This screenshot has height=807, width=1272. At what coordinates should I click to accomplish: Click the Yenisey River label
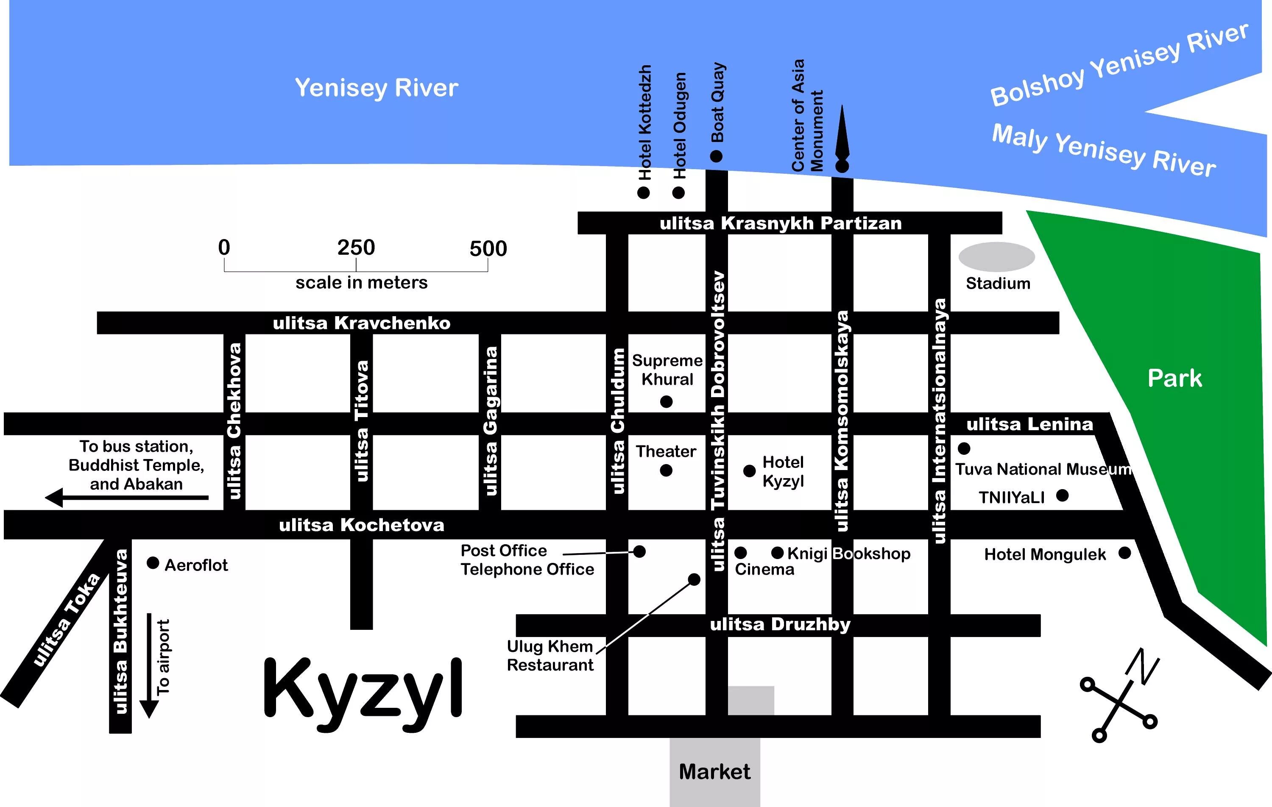pos(376,88)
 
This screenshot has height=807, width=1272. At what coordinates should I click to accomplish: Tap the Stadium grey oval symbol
pos(996,257)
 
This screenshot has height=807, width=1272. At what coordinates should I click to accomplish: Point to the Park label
pos(1175,378)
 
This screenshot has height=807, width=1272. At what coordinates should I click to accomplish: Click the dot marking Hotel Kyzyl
pos(749,471)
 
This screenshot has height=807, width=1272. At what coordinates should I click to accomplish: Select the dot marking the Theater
pos(666,470)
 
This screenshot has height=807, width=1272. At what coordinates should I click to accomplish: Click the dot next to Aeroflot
pos(153,563)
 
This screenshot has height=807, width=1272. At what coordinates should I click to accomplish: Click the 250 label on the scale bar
pos(356,248)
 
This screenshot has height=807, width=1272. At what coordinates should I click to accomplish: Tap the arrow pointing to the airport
pos(149,665)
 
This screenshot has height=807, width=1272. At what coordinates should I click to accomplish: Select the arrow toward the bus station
pos(127,498)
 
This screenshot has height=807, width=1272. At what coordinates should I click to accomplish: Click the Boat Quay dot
pos(716,156)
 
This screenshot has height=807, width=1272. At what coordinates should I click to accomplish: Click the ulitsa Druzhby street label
pos(780,625)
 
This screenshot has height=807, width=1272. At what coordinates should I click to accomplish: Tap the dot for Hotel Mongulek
pos(1124,553)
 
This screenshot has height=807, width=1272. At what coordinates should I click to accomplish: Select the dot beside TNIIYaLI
pos(1062,495)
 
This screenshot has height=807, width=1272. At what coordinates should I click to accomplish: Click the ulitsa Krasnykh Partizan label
pos(781,223)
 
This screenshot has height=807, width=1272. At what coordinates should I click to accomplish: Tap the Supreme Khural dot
pos(667,402)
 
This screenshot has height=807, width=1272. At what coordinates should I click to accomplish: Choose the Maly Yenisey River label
pos(1104,150)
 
